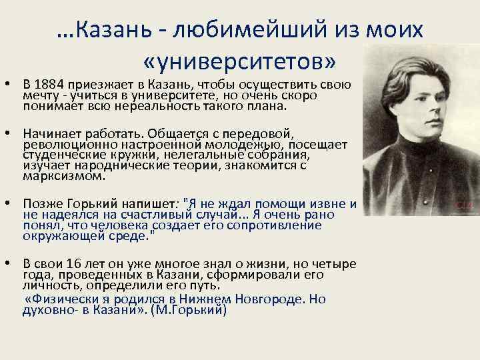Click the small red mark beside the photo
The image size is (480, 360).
[x=463, y=203]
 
